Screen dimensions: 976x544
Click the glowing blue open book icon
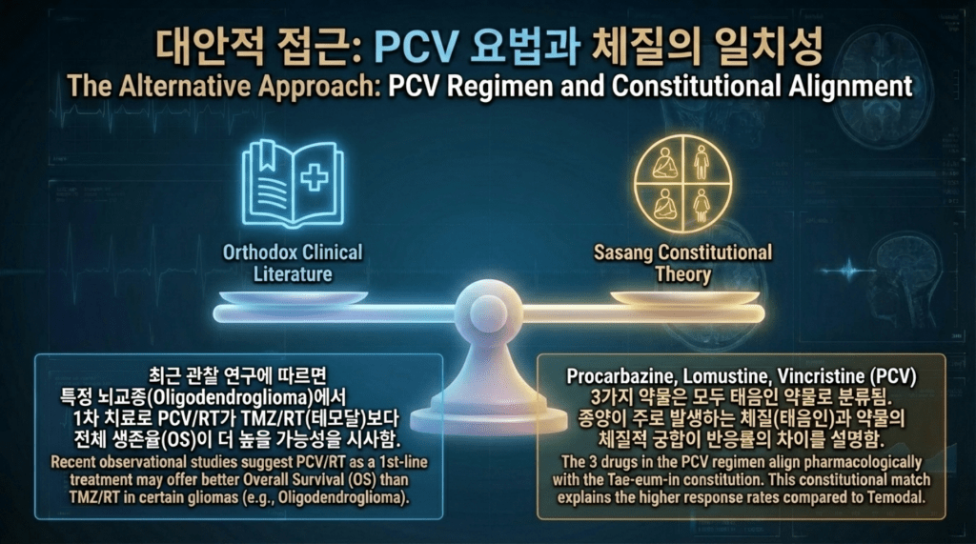coord(293,184)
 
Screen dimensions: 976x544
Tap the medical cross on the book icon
coord(315,177)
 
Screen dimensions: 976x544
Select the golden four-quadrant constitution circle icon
coord(682,184)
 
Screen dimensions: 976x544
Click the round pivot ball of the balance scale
coord(488,310)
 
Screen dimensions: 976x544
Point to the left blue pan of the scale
coord(294,298)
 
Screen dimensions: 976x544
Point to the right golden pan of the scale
coord(684,297)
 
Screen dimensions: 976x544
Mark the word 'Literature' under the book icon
coord(293,274)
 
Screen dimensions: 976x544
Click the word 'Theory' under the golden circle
coord(682,274)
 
